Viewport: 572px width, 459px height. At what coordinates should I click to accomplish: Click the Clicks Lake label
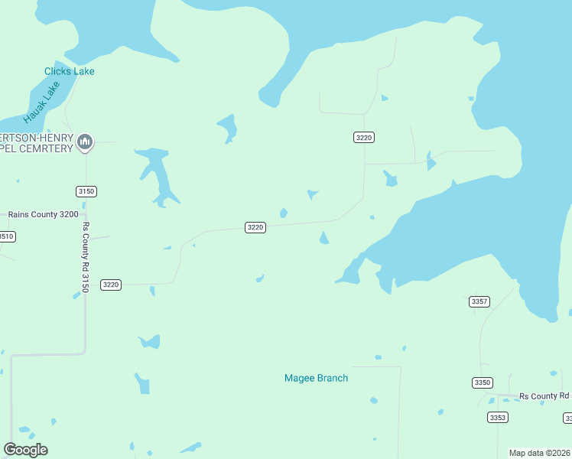(x=69, y=71)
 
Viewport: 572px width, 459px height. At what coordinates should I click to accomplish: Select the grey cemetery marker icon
(x=85, y=142)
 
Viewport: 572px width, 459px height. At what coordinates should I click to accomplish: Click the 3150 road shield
(x=86, y=191)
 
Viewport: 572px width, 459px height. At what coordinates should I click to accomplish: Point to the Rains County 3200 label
(x=43, y=215)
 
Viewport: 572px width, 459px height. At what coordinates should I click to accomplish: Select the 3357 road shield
(x=479, y=301)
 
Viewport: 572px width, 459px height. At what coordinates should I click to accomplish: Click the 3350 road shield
(x=482, y=382)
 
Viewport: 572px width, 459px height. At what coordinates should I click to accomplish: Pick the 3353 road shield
(x=497, y=417)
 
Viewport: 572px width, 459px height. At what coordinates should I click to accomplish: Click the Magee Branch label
(x=316, y=378)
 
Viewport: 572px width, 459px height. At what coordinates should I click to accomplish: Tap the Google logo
(x=25, y=450)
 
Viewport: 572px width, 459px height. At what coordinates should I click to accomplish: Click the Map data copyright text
(x=540, y=453)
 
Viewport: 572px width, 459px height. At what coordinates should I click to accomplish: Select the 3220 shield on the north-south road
(x=363, y=137)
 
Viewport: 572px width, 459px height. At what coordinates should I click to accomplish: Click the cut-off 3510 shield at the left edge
(x=6, y=236)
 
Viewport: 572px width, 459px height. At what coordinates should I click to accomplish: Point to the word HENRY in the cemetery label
(x=58, y=137)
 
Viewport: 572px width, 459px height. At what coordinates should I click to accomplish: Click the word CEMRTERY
(x=49, y=148)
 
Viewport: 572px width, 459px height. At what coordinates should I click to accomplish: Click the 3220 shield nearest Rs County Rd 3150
(x=111, y=285)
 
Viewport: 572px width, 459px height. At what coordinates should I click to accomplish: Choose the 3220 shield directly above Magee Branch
(x=255, y=227)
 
